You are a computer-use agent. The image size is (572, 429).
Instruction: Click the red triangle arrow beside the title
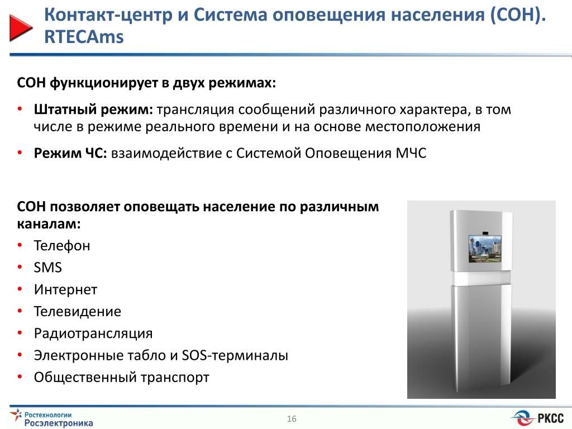(x=21, y=28)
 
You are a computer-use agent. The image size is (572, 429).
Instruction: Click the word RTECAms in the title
(x=84, y=37)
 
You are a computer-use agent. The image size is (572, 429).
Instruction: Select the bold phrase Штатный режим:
(x=93, y=109)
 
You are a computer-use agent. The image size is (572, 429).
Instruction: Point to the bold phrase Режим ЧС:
(x=70, y=153)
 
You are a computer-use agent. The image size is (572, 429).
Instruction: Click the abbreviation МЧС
(x=411, y=153)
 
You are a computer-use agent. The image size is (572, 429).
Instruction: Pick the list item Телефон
(x=62, y=246)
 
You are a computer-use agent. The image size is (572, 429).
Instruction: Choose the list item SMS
(x=48, y=268)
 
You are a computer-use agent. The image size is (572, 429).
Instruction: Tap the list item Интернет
(x=66, y=290)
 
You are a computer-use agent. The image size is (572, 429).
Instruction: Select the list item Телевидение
(x=77, y=312)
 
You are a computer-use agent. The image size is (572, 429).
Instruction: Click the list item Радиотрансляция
(x=93, y=333)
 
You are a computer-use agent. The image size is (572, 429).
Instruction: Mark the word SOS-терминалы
(x=235, y=355)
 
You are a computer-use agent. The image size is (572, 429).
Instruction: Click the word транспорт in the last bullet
(x=175, y=378)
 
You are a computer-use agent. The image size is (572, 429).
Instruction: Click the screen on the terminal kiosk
(x=485, y=249)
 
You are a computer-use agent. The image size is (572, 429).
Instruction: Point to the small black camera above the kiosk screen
(x=485, y=232)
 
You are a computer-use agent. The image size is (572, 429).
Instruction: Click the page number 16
(x=292, y=419)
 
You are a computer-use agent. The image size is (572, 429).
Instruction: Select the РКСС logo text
(x=550, y=418)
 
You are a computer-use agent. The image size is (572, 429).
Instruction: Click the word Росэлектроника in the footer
(x=59, y=423)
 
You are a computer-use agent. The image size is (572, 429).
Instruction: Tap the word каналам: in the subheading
(x=49, y=223)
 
